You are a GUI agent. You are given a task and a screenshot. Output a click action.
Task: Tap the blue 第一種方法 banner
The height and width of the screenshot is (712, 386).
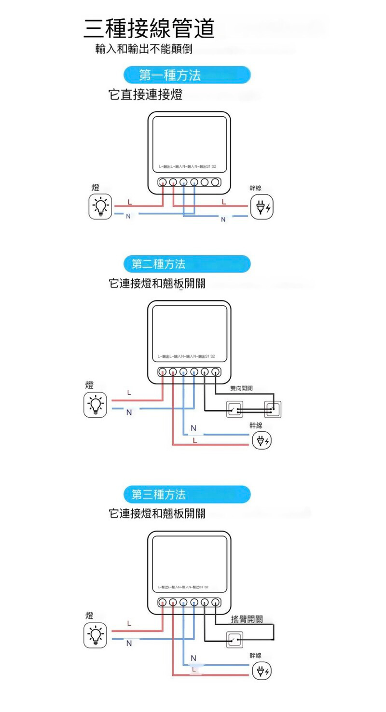tap(187, 75)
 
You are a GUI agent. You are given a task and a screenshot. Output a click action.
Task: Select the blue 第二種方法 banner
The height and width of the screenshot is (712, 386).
tap(187, 264)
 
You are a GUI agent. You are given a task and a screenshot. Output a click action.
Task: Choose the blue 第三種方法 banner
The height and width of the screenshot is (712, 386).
tap(187, 494)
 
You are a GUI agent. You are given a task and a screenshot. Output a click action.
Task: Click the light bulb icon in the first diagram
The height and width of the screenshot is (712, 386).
tap(100, 207)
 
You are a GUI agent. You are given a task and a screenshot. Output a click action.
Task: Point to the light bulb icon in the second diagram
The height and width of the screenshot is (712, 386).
tap(96, 404)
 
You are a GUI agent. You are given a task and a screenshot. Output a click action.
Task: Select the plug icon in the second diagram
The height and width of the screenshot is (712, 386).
tap(262, 440)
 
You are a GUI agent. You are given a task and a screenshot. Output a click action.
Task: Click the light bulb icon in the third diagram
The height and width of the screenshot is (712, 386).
tap(96, 635)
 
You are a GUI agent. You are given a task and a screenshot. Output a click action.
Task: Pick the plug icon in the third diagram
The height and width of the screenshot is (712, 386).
tap(262, 671)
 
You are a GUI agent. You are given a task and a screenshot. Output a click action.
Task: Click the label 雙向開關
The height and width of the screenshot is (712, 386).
tap(241, 388)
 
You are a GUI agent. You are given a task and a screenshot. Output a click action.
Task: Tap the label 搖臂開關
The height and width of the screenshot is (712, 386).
tap(247, 619)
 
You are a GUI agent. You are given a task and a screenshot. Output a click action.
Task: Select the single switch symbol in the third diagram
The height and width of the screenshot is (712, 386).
tap(235, 640)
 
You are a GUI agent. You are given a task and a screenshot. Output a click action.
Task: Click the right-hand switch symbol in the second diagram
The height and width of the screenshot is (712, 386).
tap(273, 410)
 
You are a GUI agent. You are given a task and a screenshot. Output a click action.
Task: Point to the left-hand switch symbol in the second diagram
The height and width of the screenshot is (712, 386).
tap(235, 410)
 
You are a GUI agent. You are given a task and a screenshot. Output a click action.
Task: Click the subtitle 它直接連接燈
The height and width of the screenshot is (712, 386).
tap(146, 95)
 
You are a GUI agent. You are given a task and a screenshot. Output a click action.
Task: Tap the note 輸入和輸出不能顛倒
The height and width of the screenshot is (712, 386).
tap(144, 49)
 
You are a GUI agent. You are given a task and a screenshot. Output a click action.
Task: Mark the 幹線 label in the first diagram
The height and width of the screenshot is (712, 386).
tap(255, 188)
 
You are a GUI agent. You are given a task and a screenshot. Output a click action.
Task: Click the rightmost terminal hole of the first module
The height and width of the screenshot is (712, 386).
tap(215, 182)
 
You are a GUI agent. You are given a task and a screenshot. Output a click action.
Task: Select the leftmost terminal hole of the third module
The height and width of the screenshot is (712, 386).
tap(163, 602)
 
